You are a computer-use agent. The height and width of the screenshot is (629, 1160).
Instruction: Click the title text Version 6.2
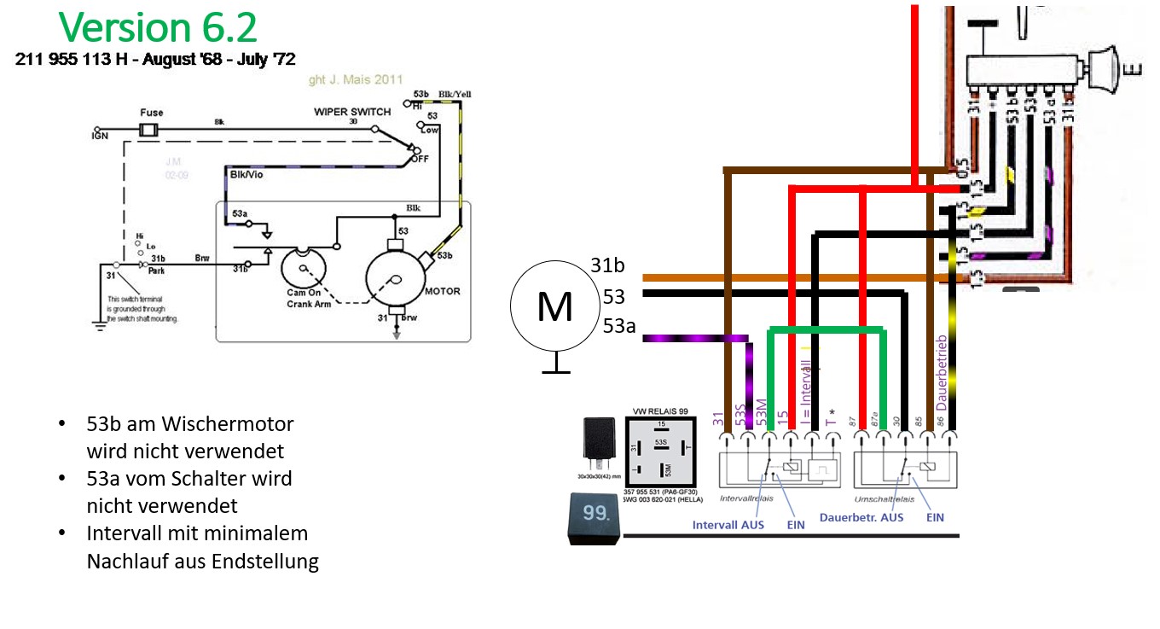(x=158, y=27)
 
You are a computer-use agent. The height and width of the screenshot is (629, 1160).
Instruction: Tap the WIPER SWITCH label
(x=351, y=112)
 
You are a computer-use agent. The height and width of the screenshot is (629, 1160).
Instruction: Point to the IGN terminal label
(x=100, y=137)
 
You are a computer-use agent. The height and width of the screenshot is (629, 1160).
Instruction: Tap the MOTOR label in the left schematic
(x=442, y=291)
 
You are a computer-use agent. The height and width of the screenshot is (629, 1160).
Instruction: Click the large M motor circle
(x=554, y=306)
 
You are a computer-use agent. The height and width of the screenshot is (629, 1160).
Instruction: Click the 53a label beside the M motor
(x=618, y=325)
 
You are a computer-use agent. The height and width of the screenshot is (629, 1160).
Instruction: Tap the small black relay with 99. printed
(x=594, y=517)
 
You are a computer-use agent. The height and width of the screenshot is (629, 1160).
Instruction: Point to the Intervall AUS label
(x=728, y=525)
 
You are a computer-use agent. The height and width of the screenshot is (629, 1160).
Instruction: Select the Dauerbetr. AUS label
(x=861, y=517)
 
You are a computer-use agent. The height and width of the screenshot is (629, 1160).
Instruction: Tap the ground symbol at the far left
(x=100, y=322)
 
